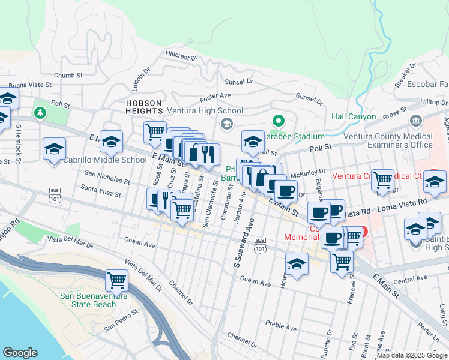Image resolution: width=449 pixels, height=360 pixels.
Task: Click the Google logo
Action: [x=20, y=353]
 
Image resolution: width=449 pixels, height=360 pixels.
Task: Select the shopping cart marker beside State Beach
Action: [x=116, y=280]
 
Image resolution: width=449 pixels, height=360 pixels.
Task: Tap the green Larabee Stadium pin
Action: [x=277, y=121]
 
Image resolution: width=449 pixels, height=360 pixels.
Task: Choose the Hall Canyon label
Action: [x=354, y=116]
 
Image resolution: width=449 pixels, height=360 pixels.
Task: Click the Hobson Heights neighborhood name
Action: [x=144, y=107]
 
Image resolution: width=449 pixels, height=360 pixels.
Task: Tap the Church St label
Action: [x=68, y=76]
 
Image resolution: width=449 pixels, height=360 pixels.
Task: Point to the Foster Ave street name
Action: [x=215, y=95]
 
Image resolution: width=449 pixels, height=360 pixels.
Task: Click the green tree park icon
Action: [x=40, y=112]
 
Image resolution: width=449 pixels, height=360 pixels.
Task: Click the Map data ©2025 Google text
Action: [x=412, y=355]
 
